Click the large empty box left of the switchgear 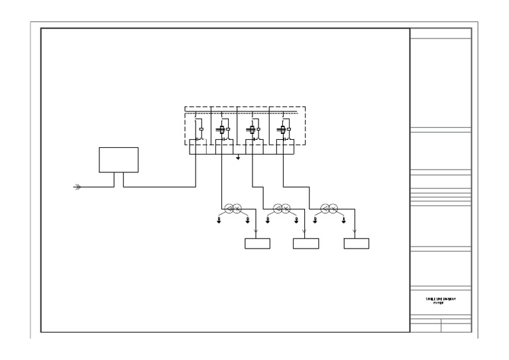coord(119,160)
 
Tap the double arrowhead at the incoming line coord(78,188)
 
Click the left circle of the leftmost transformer coord(228,209)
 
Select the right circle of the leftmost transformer coord(236,209)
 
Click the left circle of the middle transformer coord(277,209)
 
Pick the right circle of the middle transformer coord(285,209)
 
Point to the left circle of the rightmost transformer coord(325,209)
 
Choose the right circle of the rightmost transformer coord(333,209)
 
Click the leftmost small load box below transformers coord(258,243)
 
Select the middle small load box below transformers coord(306,243)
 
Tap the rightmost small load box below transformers coord(356,243)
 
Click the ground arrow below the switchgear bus coord(239,158)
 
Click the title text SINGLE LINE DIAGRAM coord(441,299)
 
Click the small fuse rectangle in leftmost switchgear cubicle coord(201,129)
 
